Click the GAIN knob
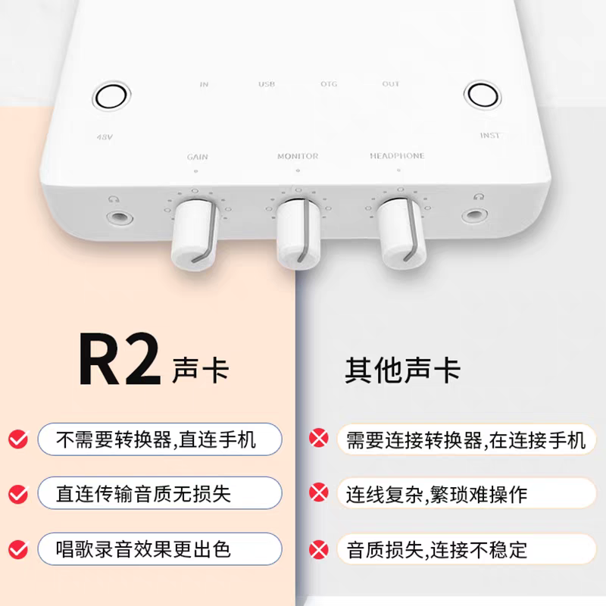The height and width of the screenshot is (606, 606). point(194,235)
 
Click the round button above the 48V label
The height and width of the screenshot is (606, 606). point(111,96)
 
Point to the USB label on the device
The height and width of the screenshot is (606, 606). point(267,84)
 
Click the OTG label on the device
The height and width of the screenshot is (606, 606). point(329,84)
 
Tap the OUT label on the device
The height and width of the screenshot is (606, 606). point(391,84)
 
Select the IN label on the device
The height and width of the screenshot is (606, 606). point(204,84)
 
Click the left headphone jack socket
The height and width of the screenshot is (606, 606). point(120,218)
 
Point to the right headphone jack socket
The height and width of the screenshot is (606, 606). point(475,215)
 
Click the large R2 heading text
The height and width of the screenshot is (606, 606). point(120,358)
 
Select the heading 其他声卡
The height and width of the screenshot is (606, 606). point(403,370)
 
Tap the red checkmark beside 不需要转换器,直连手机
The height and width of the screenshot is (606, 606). point(18,439)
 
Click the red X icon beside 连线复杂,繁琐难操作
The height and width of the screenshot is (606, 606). point(319,492)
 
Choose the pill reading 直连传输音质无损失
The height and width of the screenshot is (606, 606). point(160,493)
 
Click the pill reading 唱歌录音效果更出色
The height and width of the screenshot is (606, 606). point(160,548)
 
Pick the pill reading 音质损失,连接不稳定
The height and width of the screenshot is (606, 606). point(467,549)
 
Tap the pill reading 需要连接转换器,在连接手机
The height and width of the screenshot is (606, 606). point(467,439)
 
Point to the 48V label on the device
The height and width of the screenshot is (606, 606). point(105,137)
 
